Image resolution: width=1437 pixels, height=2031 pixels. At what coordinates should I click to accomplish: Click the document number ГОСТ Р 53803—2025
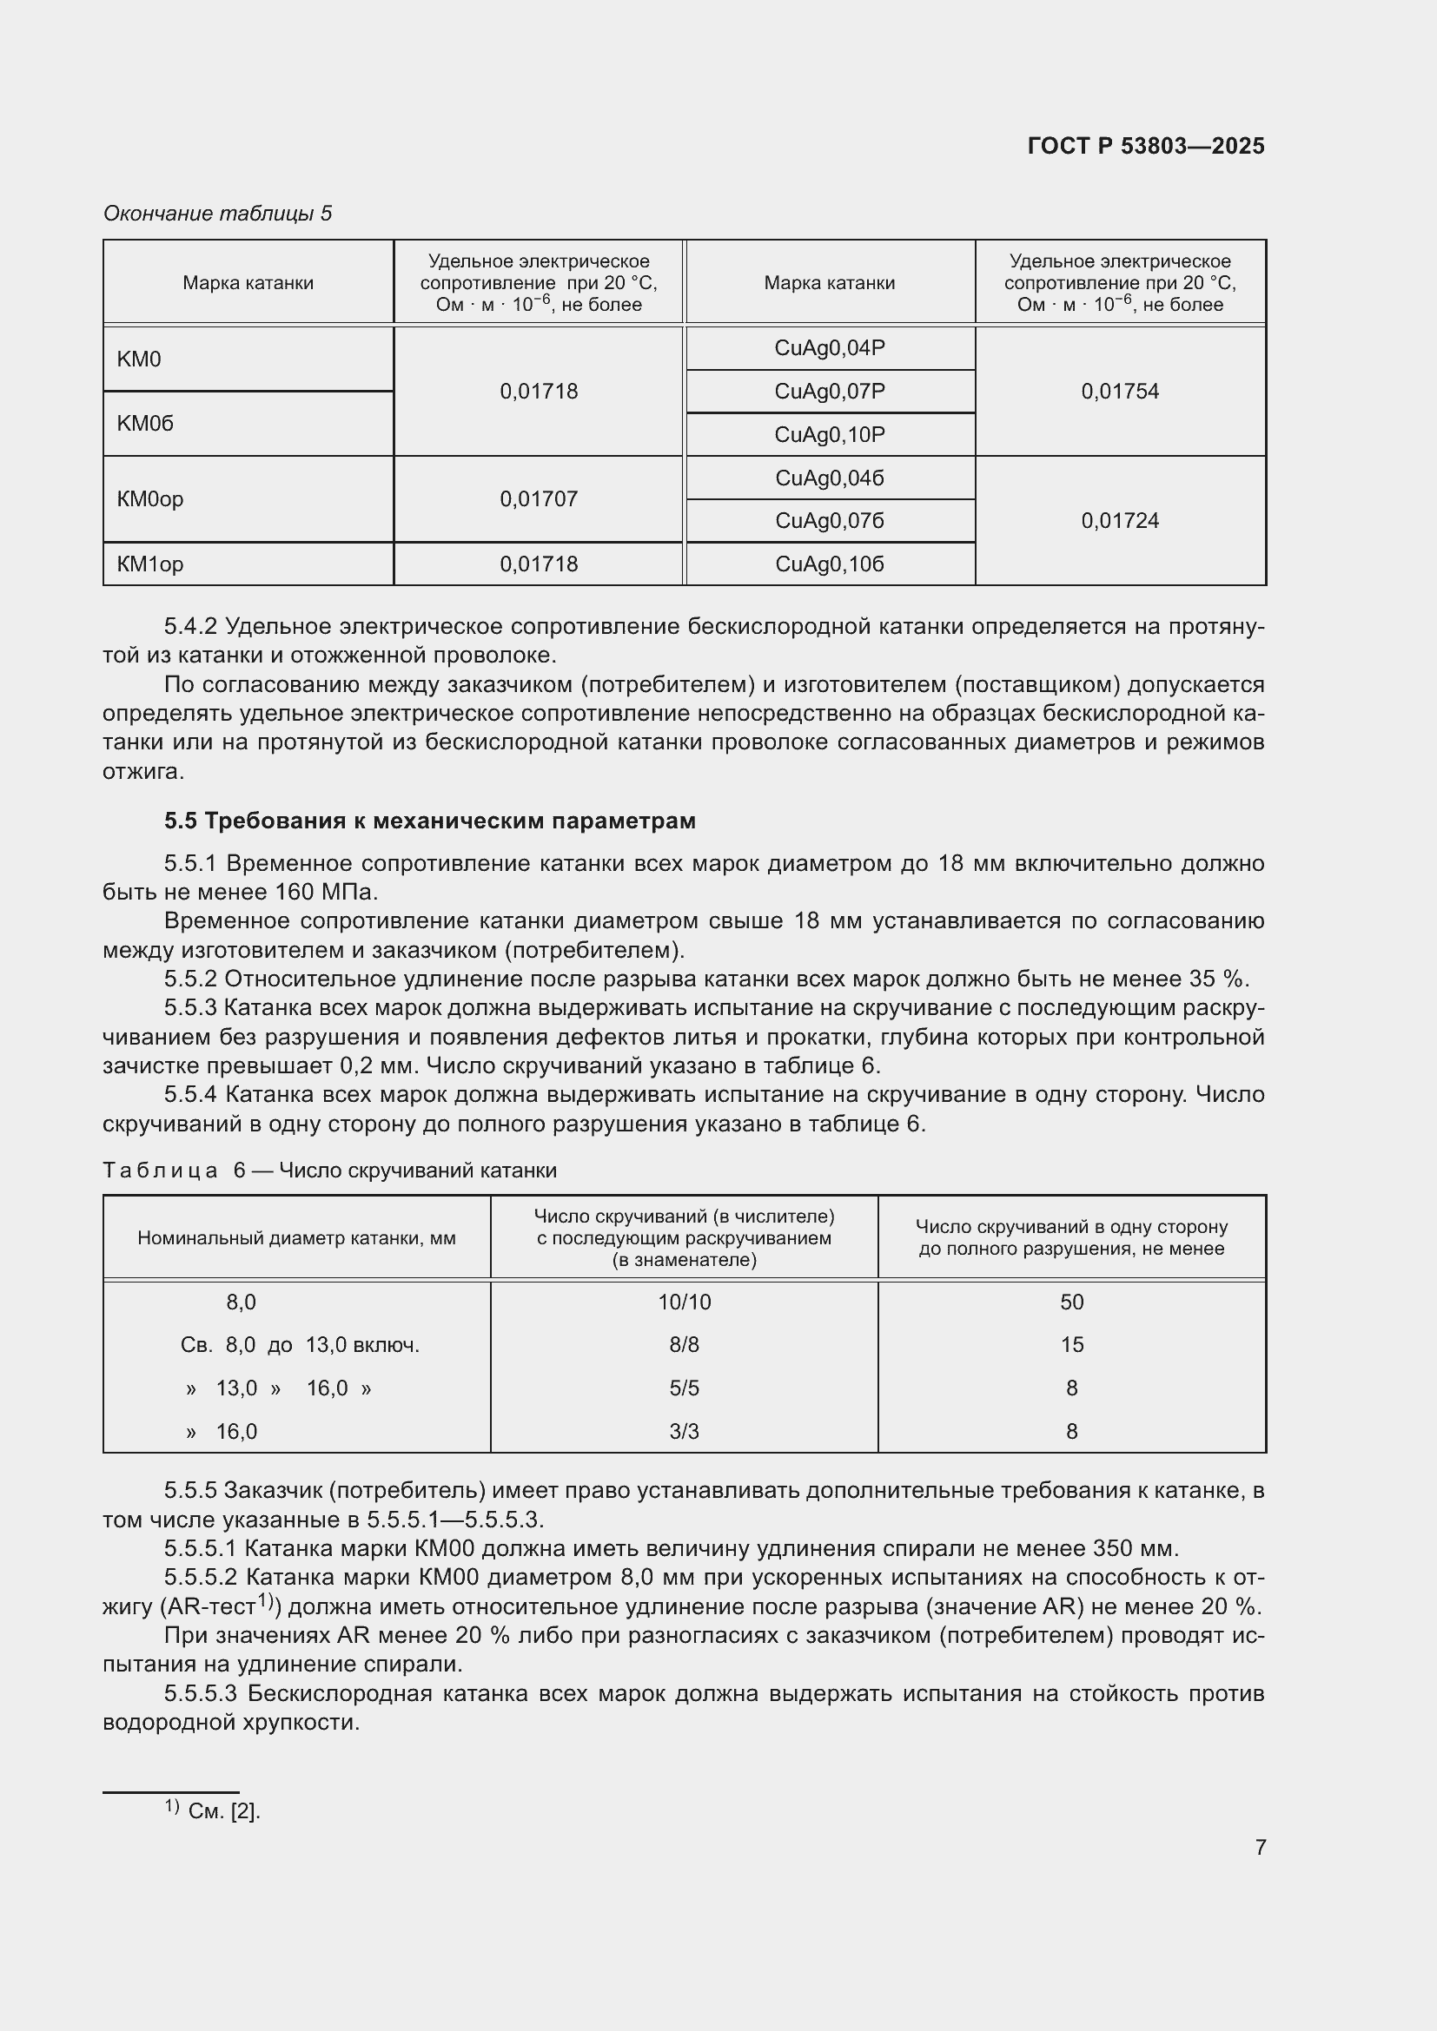[1146, 146]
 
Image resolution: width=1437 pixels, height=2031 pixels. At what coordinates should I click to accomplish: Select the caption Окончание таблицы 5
[218, 214]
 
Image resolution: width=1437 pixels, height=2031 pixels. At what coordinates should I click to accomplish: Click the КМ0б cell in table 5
[145, 424]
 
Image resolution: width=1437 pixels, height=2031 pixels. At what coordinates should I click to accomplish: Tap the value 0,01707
[538, 499]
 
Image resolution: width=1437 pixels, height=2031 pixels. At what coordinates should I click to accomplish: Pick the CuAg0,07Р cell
[829, 391]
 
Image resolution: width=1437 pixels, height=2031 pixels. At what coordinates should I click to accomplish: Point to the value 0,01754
[1119, 391]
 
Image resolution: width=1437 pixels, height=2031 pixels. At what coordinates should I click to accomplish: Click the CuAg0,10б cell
[829, 564]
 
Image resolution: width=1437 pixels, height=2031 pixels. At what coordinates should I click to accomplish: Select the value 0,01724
[1119, 521]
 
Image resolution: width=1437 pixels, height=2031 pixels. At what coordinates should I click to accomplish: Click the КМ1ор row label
[150, 564]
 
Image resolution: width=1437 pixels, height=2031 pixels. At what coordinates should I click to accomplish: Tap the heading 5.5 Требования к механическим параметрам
[430, 821]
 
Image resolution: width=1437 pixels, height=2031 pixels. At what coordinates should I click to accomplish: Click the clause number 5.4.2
[190, 627]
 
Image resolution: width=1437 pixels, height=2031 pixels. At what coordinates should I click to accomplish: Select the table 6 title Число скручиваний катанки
[418, 1170]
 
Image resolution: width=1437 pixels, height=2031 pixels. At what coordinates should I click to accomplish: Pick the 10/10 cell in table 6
[684, 1302]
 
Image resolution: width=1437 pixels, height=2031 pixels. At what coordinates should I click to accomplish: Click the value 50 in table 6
[1071, 1302]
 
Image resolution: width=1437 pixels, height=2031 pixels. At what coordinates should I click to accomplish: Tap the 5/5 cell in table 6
[684, 1388]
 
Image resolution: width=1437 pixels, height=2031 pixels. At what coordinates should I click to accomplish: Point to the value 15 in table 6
[1071, 1344]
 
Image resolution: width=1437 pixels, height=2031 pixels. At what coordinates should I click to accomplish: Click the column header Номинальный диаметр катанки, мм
[296, 1237]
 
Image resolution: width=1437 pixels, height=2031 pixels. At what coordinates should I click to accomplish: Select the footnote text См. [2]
[224, 1811]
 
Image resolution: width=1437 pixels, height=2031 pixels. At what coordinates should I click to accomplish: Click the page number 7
[1260, 1847]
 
